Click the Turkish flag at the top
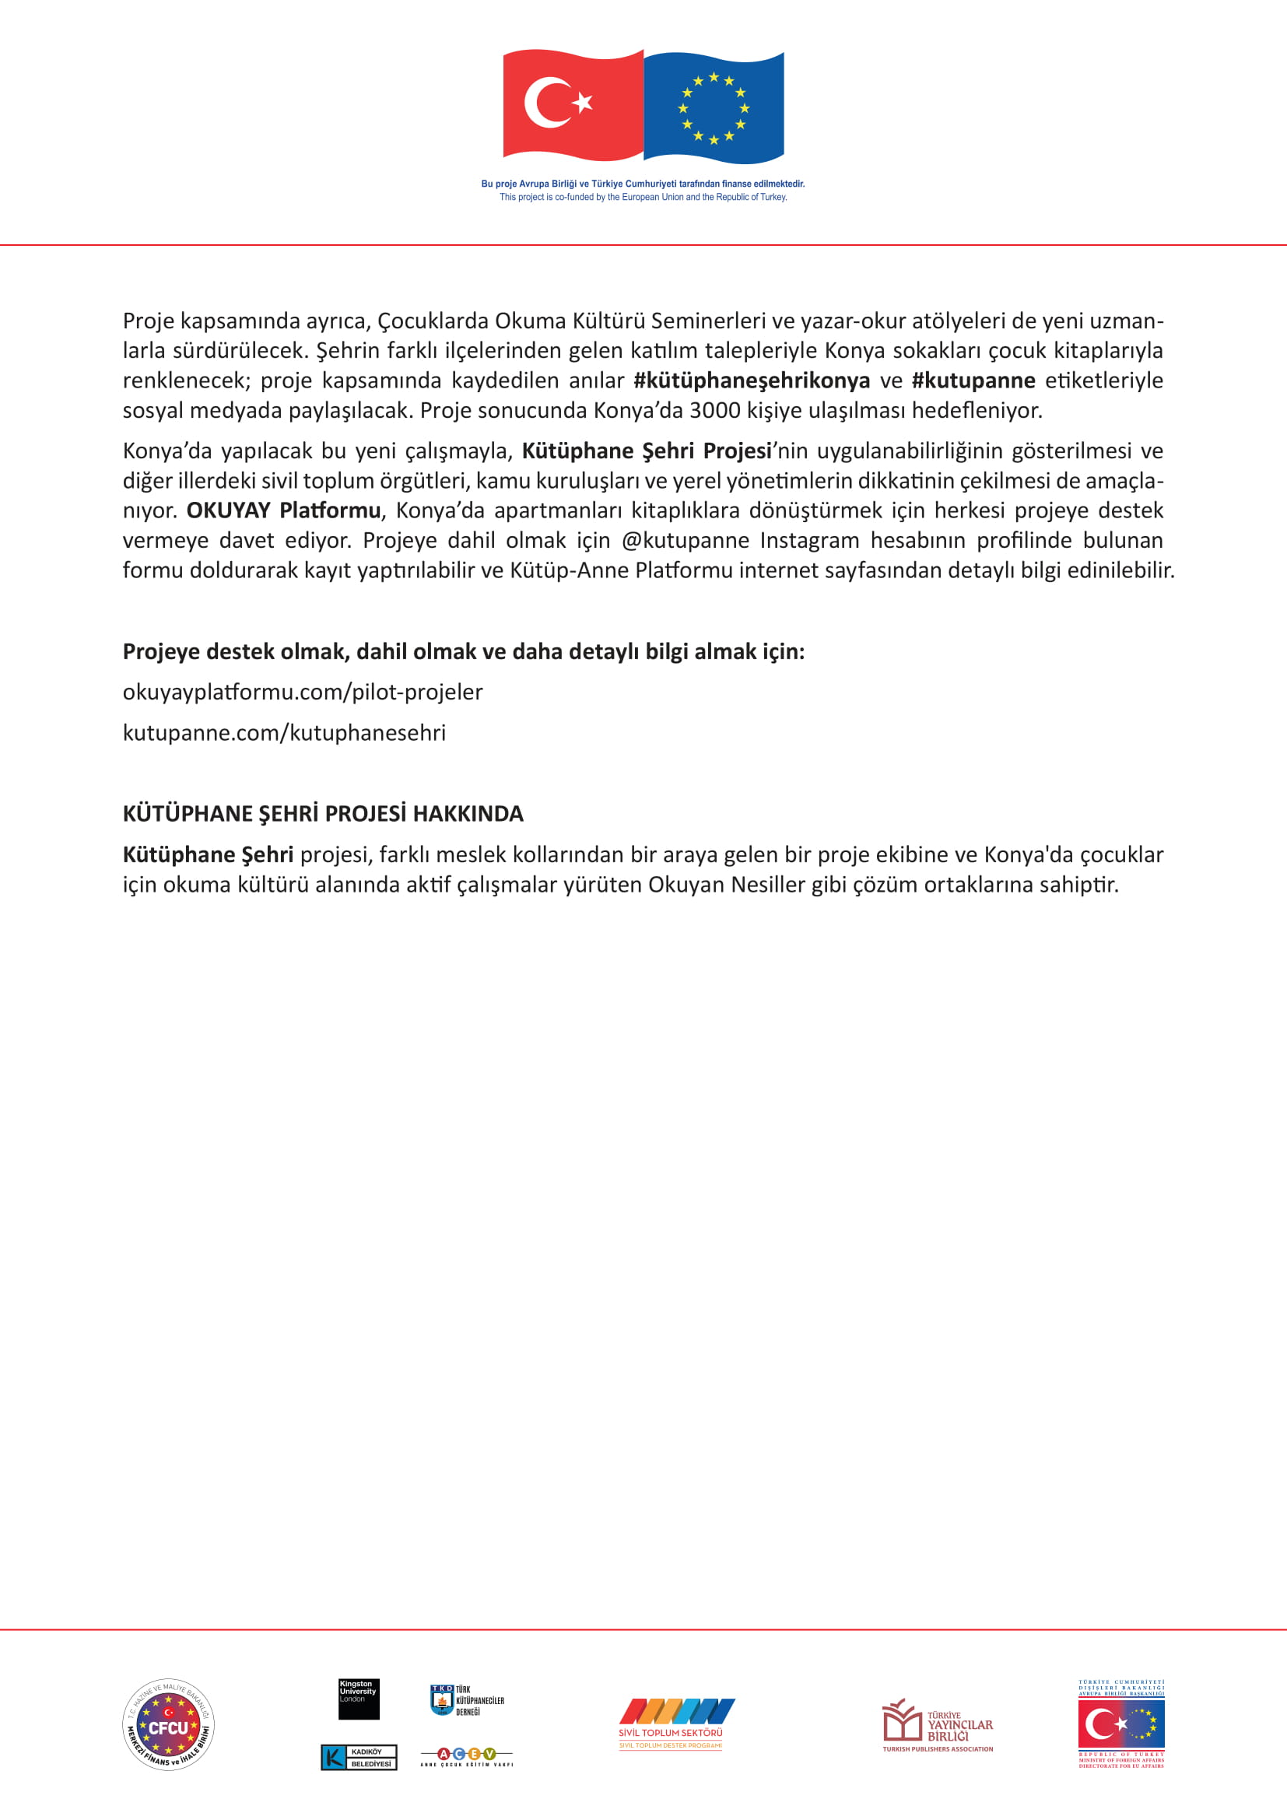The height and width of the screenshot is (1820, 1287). click(572, 104)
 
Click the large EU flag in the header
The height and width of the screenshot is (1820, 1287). click(714, 107)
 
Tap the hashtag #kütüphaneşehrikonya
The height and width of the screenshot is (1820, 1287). click(752, 380)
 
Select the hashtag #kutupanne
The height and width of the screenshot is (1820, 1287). click(973, 380)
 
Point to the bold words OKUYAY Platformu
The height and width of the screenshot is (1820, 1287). click(283, 510)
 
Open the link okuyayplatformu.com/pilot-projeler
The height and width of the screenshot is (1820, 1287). click(302, 692)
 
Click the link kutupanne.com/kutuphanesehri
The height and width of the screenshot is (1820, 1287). click(284, 732)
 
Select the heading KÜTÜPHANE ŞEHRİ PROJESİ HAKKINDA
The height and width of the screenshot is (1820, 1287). click(323, 814)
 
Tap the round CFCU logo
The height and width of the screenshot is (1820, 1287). click(168, 1725)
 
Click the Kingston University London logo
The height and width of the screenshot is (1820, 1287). click(358, 1699)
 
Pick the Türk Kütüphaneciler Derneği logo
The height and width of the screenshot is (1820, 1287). click(467, 1700)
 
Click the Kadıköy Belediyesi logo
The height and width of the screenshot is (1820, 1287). click(358, 1758)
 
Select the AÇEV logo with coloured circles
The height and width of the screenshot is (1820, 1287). click(467, 1757)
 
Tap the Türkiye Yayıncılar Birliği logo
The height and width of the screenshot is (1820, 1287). click(938, 1725)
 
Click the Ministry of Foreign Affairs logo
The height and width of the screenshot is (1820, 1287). click(1120, 1724)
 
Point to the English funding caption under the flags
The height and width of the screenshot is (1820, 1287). click(643, 198)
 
